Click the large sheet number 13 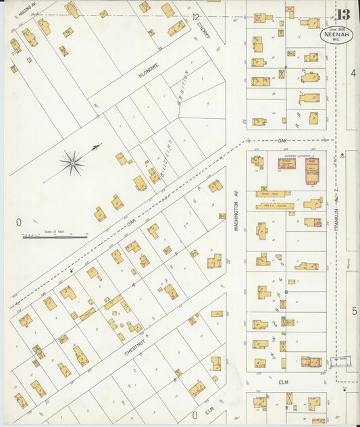[x=342, y=15]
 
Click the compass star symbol [x=72, y=162]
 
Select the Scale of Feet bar [x=55, y=236]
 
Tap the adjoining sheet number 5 [x=353, y=311]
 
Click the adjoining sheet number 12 [x=195, y=17]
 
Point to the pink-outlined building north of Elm [x=311, y=362]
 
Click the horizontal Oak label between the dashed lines [x=282, y=141]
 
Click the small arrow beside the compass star [x=97, y=146]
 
